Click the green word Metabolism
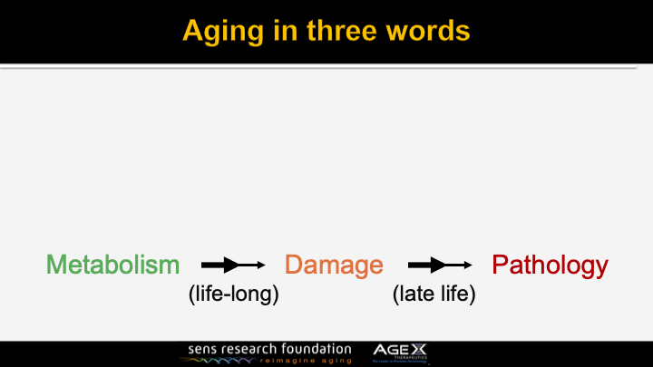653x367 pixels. click(113, 265)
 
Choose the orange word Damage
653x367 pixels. click(334, 265)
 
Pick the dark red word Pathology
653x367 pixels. click(550, 265)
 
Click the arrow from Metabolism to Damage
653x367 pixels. click(232, 265)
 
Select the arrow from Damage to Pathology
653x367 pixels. click(440, 265)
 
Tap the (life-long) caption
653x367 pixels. click(232, 295)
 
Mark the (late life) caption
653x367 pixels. click(434, 295)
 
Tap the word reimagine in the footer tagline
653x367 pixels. click(290, 360)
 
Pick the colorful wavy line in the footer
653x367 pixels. click(217, 360)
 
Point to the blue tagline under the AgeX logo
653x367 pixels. click(400, 362)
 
